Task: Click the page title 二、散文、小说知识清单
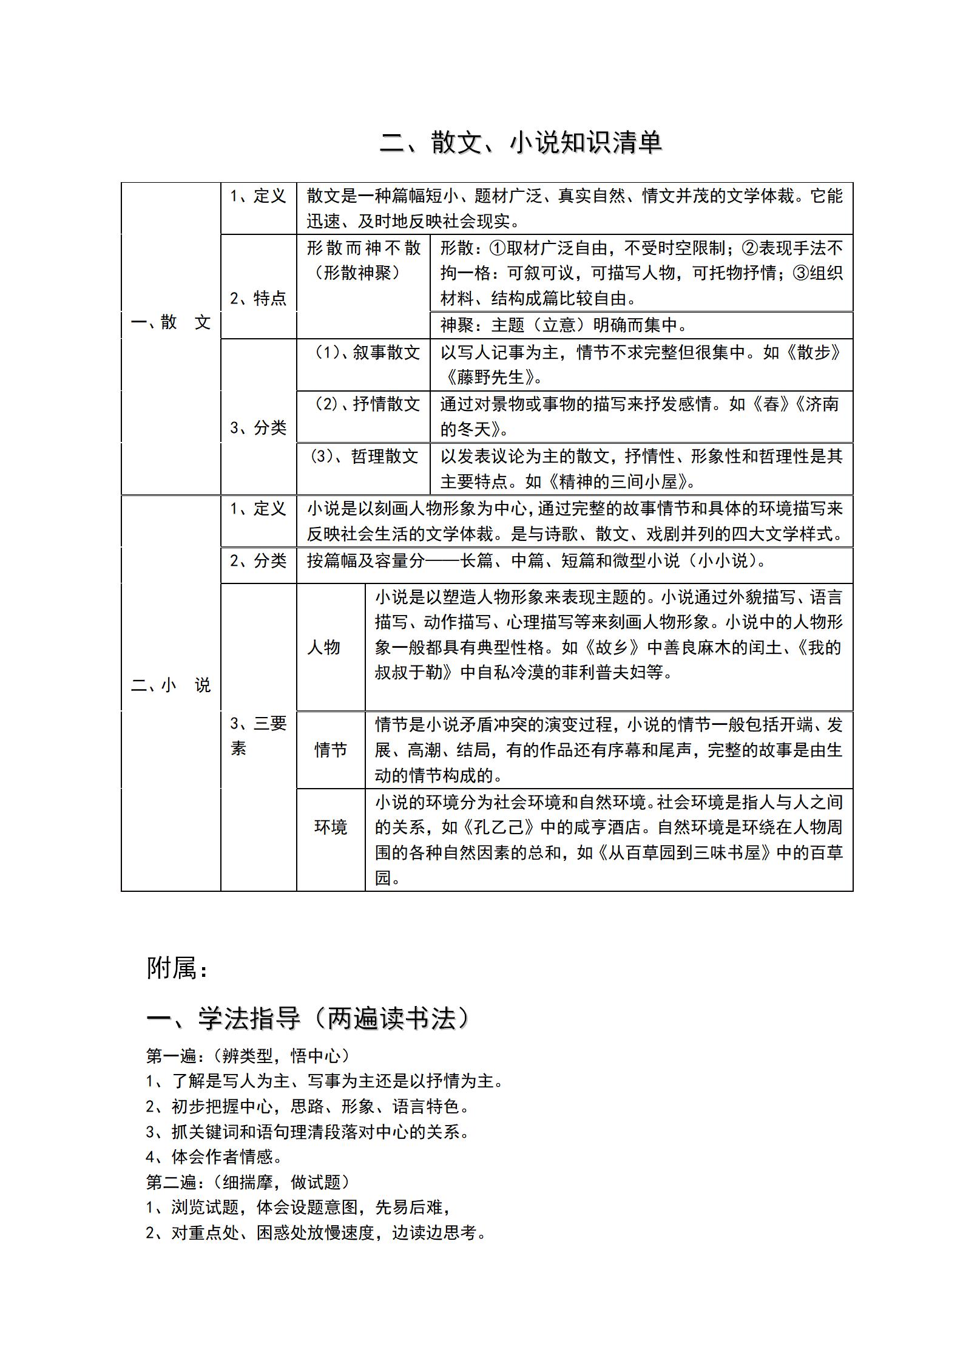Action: (521, 143)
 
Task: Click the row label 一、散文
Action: (171, 322)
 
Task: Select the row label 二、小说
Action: (171, 685)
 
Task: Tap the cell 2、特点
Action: (258, 298)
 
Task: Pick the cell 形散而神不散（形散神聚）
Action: (363, 260)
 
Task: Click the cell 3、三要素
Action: (258, 735)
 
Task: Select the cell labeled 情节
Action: (331, 750)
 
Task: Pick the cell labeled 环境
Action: (331, 827)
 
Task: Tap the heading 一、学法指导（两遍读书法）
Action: (309, 1018)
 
